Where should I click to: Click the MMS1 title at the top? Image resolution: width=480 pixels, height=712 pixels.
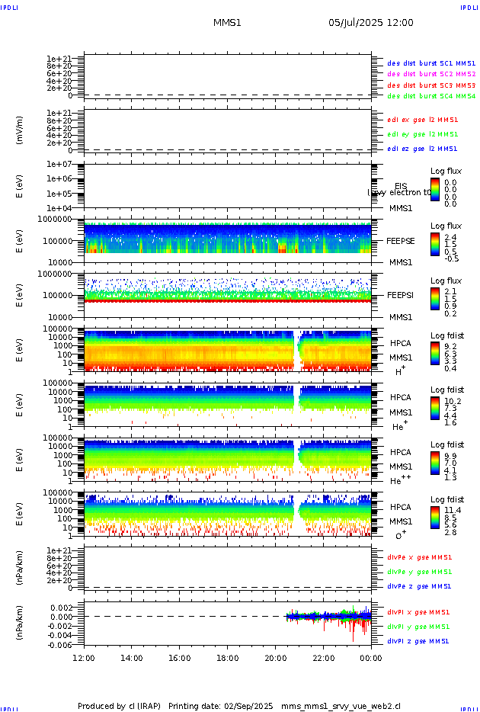coord(227,23)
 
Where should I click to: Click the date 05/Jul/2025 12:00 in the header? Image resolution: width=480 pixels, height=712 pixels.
coord(371,23)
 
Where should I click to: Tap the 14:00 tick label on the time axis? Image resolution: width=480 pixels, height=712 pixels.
coord(132,657)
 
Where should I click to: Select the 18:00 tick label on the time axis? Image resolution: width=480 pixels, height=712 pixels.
coord(227,657)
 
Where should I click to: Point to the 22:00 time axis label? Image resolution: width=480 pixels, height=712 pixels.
coord(323,657)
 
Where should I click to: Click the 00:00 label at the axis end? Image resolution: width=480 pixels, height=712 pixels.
coord(370,657)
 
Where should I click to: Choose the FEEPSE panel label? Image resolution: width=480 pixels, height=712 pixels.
coord(401,240)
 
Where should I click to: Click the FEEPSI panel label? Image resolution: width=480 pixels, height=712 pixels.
coord(401,295)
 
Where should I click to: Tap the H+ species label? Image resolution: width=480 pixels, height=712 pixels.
coord(400,371)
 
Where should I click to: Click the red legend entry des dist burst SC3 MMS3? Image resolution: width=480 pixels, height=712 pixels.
coord(431,85)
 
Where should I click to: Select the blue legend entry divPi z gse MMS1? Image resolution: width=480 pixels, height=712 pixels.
coord(418,641)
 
